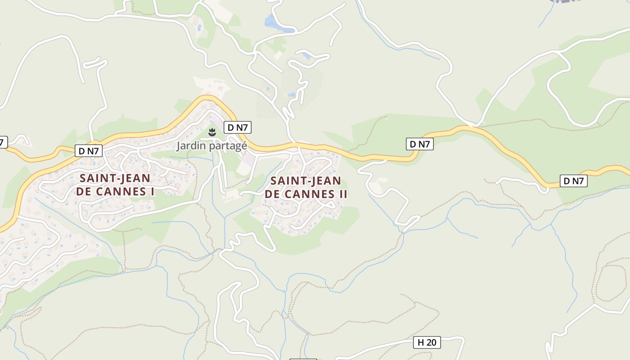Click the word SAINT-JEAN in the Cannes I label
click(x=115, y=178)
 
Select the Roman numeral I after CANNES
click(x=153, y=192)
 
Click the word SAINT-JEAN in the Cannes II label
click(x=306, y=181)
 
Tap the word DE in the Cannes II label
click(x=272, y=194)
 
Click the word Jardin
click(x=190, y=146)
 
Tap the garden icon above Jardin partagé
click(x=212, y=132)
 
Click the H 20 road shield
click(x=427, y=342)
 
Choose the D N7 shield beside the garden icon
click(x=238, y=127)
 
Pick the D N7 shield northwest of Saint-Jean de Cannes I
click(x=89, y=151)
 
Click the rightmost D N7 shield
click(x=574, y=181)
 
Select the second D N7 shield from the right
click(x=419, y=144)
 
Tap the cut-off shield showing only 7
click(x=3, y=142)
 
